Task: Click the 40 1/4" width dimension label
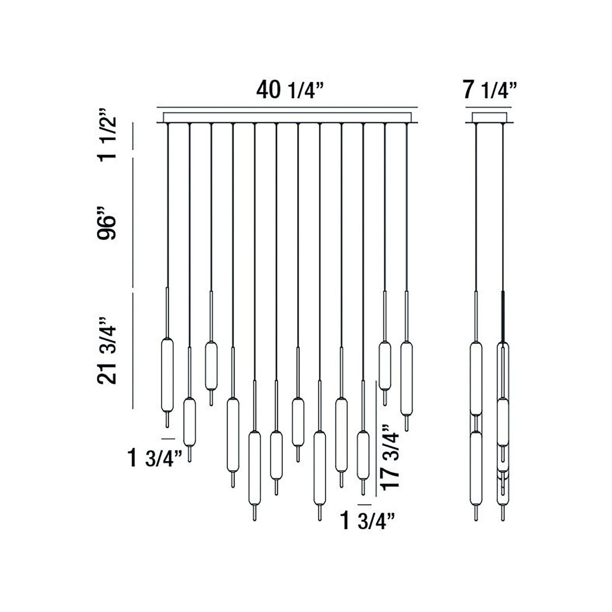(x=291, y=90)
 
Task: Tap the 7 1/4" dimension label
(x=490, y=90)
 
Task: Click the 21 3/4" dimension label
(x=108, y=350)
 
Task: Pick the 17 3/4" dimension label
(x=393, y=457)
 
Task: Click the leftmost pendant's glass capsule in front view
(x=167, y=375)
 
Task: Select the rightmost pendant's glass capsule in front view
(x=406, y=378)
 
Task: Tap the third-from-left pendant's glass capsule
(x=211, y=365)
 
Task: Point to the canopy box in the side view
(x=490, y=118)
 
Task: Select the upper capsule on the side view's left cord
(x=475, y=378)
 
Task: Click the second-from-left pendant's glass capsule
(x=189, y=422)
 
